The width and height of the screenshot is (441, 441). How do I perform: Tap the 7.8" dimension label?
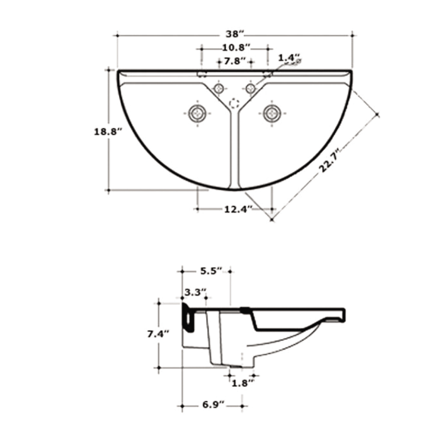pyautogui.click(x=235, y=60)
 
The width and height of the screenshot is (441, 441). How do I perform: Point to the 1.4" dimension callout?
pyautogui.click(x=289, y=58)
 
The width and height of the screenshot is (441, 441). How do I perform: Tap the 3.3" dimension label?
pyautogui.click(x=195, y=293)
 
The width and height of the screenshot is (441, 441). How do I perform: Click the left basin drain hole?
pyautogui.click(x=198, y=113)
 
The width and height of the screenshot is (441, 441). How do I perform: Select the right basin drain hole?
pyautogui.click(x=272, y=113)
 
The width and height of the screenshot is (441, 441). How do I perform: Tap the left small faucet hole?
pyautogui.click(x=219, y=89)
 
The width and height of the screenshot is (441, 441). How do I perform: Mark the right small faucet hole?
pyautogui.click(x=251, y=89)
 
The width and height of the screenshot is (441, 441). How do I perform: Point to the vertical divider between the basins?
pyautogui.click(x=235, y=151)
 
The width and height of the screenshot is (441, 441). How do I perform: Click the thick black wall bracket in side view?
pyautogui.click(x=188, y=316)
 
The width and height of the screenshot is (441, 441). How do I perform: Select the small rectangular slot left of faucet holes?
pyautogui.click(x=203, y=73)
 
